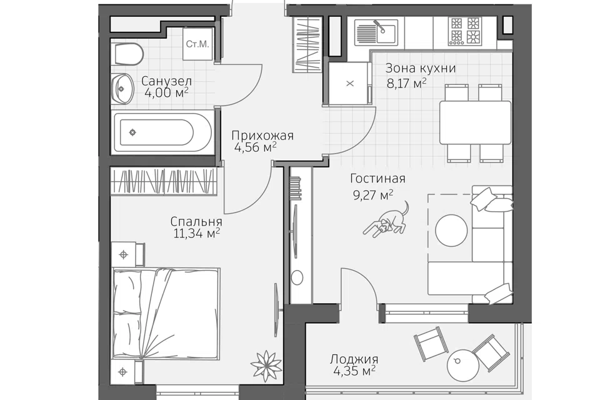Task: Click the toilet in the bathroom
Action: pyautogui.click(x=129, y=54)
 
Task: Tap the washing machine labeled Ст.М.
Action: pyautogui.click(x=197, y=44)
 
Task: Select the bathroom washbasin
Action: pyautogui.click(x=122, y=89)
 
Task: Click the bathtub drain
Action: pyautogui.click(x=132, y=132)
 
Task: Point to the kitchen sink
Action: pyautogui.click(x=376, y=32)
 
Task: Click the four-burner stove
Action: pyautogui.click(x=465, y=31)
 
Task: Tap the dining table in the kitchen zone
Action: pyautogui.click(x=475, y=122)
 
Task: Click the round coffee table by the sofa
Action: pyautogui.click(x=452, y=230)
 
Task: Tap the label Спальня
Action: pyautogui.click(x=196, y=221)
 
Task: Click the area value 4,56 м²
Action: pyautogui.click(x=255, y=147)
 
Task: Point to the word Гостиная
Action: pyautogui.click(x=377, y=178)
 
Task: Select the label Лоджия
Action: pyautogui.click(x=354, y=359)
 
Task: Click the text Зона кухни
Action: pyautogui.click(x=420, y=68)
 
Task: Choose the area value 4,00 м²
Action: pyautogui.click(x=166, y=92)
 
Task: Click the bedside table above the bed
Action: pyautogui.click(x=128, y=254)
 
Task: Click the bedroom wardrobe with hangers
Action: pyautogui.click(x=164, y=181)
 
